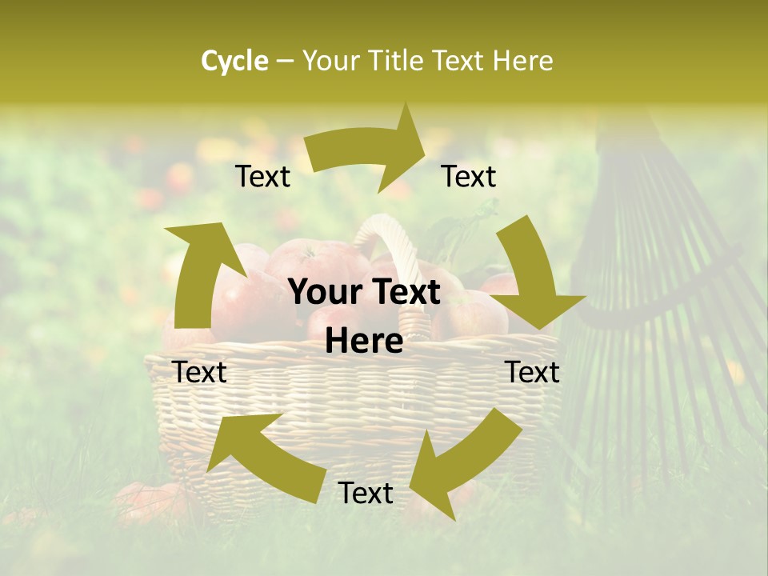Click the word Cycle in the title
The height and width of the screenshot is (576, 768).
pyautogui.click(x=234, y=61)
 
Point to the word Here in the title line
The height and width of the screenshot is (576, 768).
pyautogui.click(x=522, y=61)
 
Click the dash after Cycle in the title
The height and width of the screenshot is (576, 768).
pyautogui.click(x=285, y=61)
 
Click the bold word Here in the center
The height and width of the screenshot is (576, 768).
pyautogui.click(x=364, y=342)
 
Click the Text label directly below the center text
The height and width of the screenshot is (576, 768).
pyautogui.click(x=366, y=493)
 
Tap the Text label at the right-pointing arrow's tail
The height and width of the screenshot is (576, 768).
pyautogui.click(x=262, y=177)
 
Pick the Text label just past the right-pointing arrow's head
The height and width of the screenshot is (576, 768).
pyautogui.click(x=469, y=177)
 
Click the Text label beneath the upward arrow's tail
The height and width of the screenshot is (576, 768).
pyautogui.click(x=199, y=372)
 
